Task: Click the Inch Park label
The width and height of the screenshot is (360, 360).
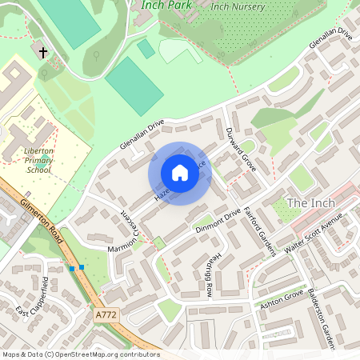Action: click(168, 5)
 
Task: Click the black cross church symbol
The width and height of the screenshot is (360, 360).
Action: click(43, 53)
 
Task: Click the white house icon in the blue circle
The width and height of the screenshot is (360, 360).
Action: click(180, 173)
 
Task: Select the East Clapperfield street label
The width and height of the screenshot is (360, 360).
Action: click(34, 297)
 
